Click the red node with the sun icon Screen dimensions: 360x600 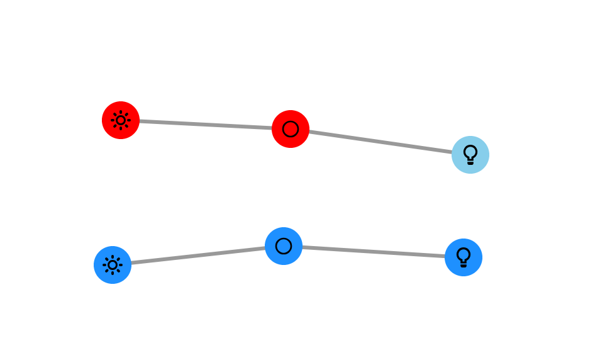coord(121,120)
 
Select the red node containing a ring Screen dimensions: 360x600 coord(291,129)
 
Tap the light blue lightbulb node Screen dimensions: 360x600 coord(470,155)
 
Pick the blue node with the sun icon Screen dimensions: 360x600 coord(113,265)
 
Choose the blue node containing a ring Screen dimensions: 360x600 coord(284,246)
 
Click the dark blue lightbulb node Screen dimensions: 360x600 coord(464,257)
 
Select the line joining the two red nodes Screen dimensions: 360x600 coord(206,125)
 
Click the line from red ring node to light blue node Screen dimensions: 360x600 coord(381,142)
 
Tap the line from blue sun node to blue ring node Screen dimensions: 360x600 coord(198,256)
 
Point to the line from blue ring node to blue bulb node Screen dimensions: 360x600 coord(374,252)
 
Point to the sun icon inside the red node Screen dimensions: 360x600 coord(121,120)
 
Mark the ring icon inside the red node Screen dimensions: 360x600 coord(291,129)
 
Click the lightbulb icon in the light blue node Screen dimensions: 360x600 coord(470,154)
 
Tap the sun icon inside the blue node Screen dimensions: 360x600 coord(113,265)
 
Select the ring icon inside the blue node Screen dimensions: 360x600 coord(284,246)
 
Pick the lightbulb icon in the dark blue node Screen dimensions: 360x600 coord(464,257)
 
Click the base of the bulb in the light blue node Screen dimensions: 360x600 coord(470,162)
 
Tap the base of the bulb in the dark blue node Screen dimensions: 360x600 coord(464,265)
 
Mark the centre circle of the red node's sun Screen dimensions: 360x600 coord(121,120)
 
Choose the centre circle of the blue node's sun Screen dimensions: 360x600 coord(113,265)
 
